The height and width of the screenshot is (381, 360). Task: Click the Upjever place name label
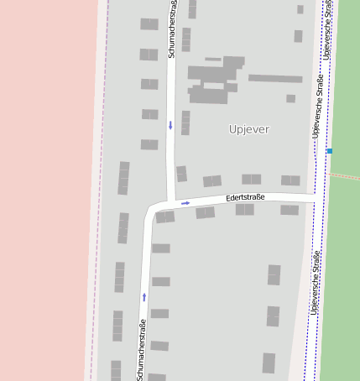249,129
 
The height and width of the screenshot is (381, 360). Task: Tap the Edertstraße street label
245,198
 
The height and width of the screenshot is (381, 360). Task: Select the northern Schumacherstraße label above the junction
172,30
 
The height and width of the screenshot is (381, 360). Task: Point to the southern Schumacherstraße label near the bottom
141,349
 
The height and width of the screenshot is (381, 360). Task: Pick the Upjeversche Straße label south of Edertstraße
315,282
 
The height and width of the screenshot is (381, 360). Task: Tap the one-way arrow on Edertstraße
185,202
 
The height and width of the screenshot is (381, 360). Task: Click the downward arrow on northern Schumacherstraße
170,126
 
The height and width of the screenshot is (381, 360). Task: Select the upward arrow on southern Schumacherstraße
144,296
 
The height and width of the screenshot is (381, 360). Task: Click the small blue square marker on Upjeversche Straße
329,151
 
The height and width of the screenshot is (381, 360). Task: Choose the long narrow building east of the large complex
274,79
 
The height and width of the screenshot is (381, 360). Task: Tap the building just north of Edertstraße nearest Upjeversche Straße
290,180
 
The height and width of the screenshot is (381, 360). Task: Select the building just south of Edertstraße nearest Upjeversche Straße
290,210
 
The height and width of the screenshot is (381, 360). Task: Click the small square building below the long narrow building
290,98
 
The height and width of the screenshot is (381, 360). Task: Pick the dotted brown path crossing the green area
344,176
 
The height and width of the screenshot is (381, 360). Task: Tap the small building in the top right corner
300,10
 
